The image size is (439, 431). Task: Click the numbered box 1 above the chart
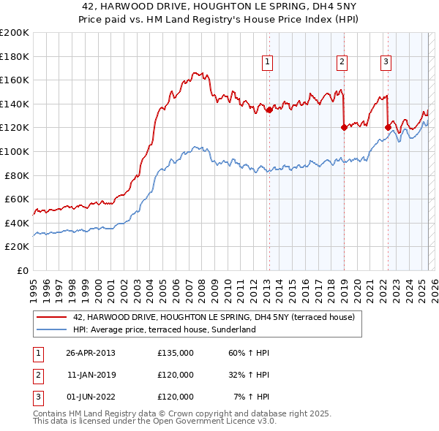pyautogui.click(x=269, y=63)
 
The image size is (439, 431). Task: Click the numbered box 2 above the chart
pyautogui.click(x=342, y=63)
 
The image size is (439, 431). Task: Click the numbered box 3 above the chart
pyautogui.click(x=386, y=63)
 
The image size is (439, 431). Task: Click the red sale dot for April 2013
pyautogui.click(x=269, y=110)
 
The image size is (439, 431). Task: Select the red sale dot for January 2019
pyautogui.click(x=343, y=127)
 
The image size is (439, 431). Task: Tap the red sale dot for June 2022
pyautogui.click(x=387, y=127)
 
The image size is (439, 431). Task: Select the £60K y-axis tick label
pyautogui.click(x=17, y=199)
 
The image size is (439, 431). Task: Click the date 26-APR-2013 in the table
pyautogui.click(x=91, y=353)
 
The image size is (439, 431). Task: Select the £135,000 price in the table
pyautogui.click(x=176, y=353)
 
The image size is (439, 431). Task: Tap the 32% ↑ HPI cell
pyautogui.click(x=249, y=375)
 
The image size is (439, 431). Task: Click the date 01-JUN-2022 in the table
pyautogui.click(x=91, y=397)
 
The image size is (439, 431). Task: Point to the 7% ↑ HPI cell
pyautogui.click(x=251, y=397)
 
